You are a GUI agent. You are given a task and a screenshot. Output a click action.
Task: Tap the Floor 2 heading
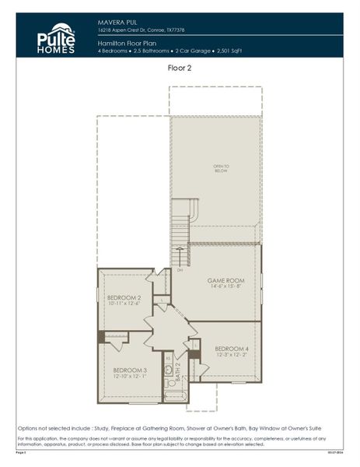[x=180, y=68]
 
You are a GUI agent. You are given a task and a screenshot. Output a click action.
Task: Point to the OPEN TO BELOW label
[x=222, y=168]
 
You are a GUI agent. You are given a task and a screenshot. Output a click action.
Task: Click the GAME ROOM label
[x=225, y=280]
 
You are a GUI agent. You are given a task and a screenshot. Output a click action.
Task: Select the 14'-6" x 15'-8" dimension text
[x=225, y=287]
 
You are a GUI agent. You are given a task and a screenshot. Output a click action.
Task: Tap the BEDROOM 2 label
[x=124, y=298]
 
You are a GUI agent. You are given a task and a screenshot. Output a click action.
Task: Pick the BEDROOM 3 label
[x=130, y=370]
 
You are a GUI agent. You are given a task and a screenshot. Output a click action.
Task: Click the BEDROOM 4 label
[x=232, y=348]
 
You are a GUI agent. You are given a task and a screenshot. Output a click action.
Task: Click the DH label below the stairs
[x=180, y=270]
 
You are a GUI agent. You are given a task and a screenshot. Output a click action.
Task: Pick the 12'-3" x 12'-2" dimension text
[x=232, y=355]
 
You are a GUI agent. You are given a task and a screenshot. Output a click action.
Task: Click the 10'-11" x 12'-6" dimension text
[x=124, y=304]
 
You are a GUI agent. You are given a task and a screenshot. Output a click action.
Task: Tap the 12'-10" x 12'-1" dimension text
[x=130, y=377]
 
